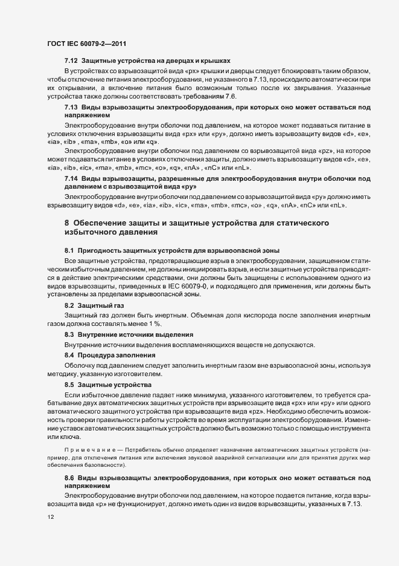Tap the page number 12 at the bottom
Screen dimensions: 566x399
(50, 518)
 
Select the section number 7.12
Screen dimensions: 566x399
(71, 62)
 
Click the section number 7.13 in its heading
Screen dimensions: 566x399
(71, 106)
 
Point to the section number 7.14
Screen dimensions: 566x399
(71, 178)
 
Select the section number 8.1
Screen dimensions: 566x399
(69, 250)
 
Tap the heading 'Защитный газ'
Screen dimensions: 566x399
(97, 306)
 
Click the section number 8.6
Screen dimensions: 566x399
(69, 478)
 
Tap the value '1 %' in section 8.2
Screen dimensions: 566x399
(158, 324)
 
